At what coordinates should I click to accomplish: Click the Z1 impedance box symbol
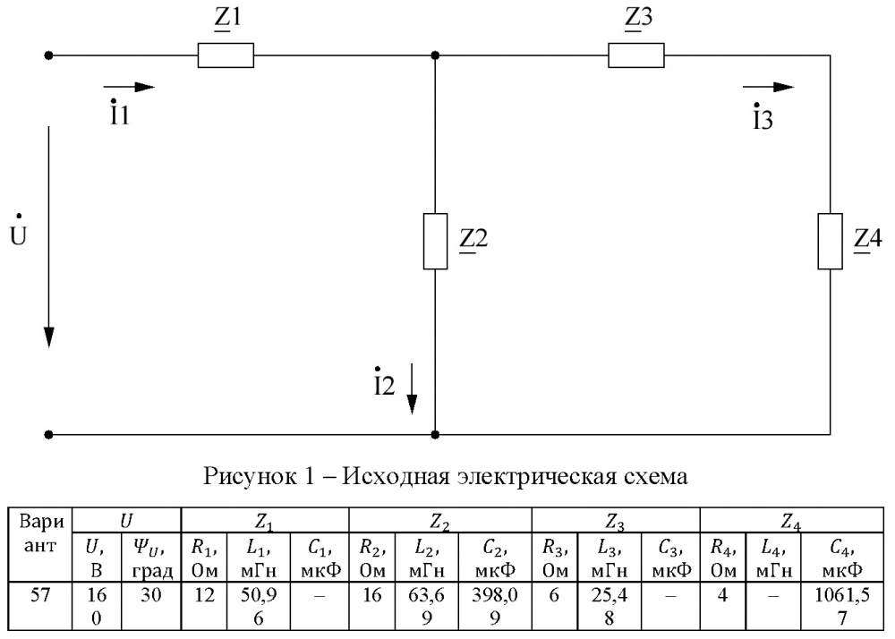226,55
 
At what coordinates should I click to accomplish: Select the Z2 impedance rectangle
435,242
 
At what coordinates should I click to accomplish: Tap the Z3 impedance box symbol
636,55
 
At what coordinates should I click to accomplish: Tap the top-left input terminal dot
49,55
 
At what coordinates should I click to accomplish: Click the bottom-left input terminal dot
49,435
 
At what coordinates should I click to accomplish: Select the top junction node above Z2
435,55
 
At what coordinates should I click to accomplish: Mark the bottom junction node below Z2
435,435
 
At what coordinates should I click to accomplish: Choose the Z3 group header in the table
615,520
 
